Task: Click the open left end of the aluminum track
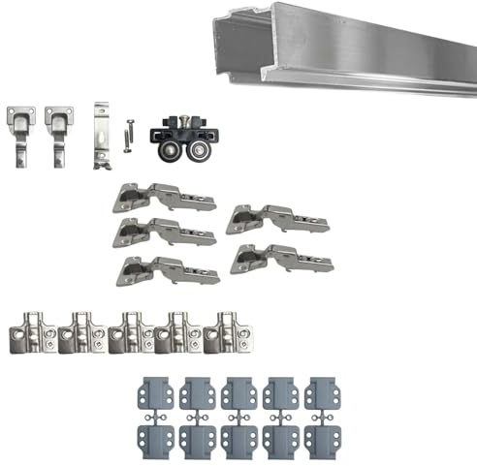(x=225, y=43)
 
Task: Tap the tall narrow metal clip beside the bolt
(x=102, y=135)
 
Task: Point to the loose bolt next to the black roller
(x=127, y=135)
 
